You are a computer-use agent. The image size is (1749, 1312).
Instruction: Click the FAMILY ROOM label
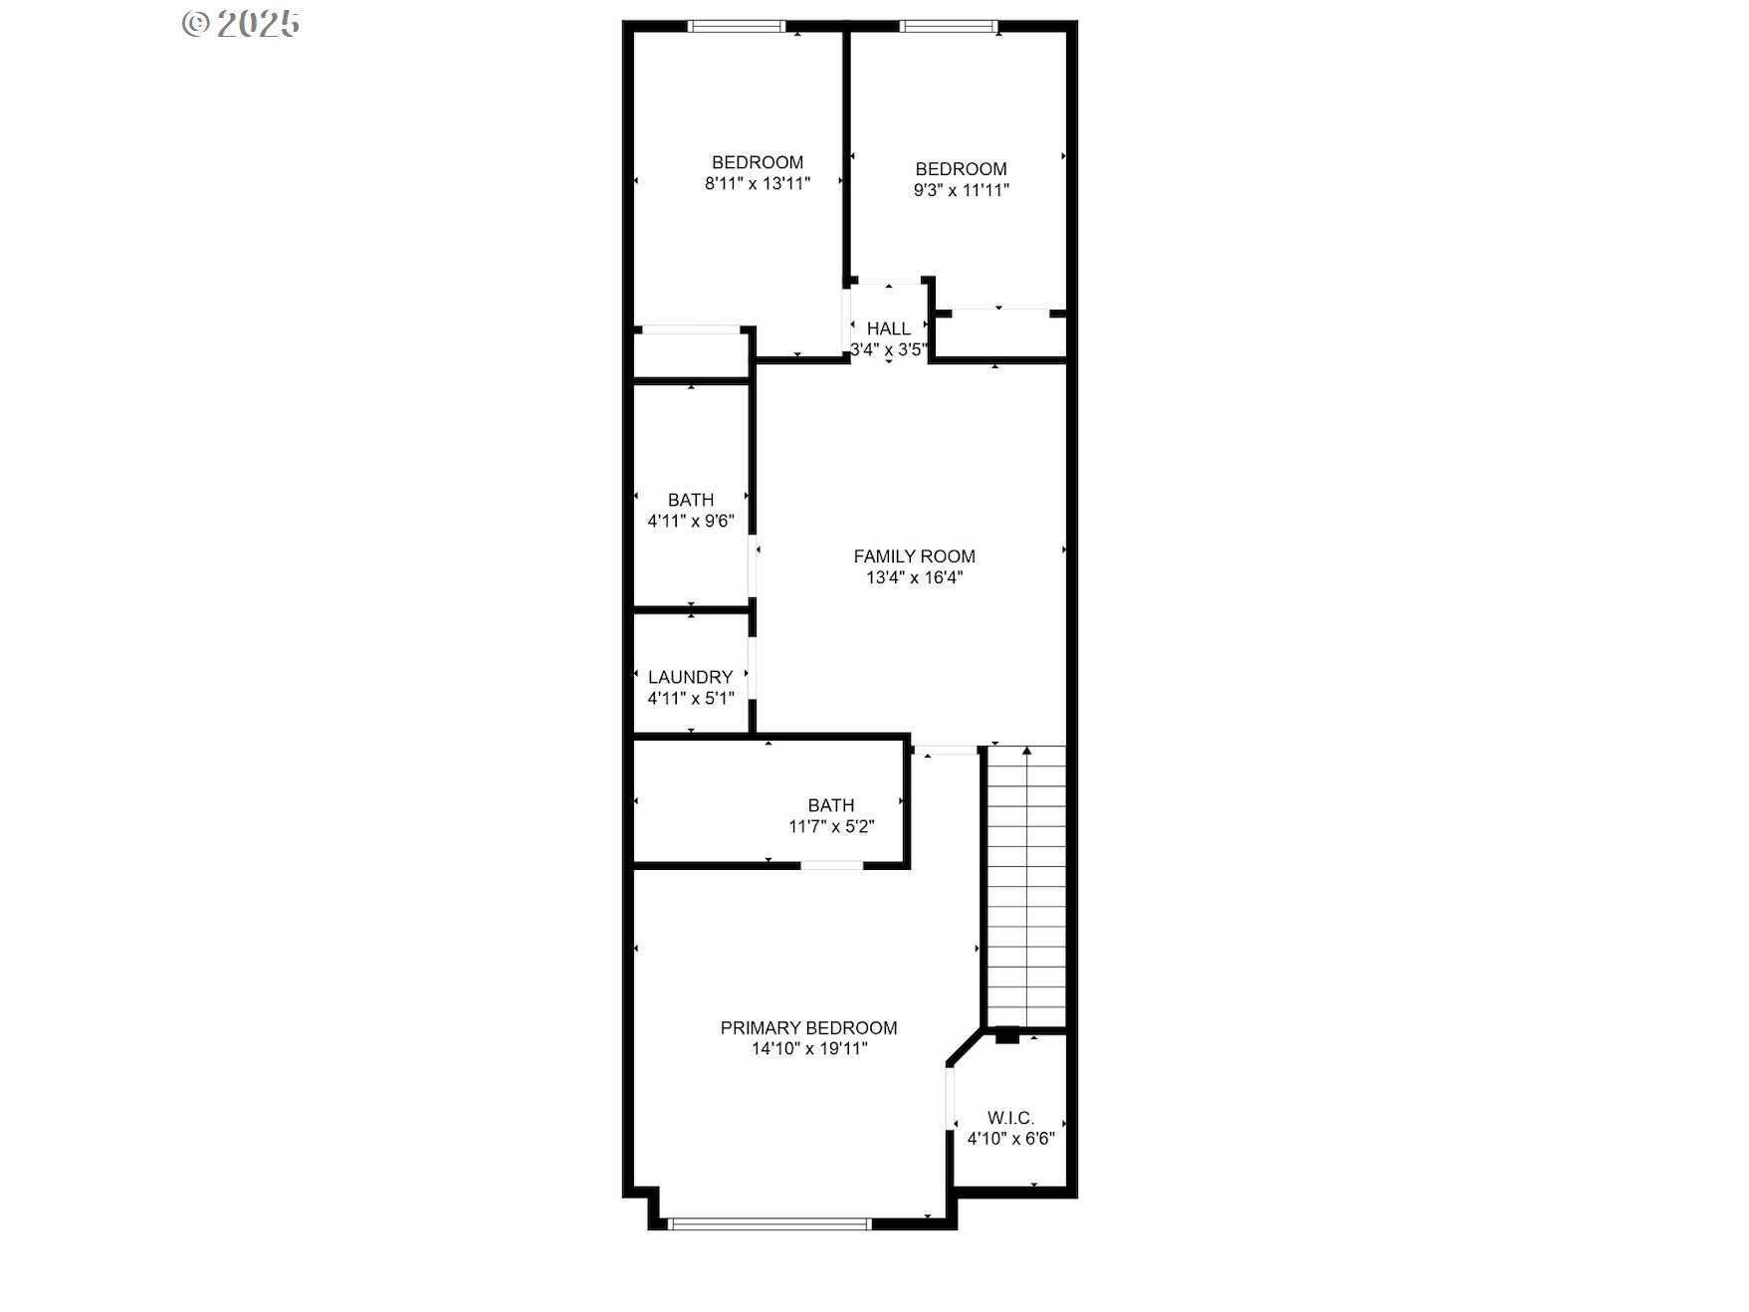(x=914, y=556)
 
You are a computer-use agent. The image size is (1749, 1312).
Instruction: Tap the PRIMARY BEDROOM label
(x=808, y=1027)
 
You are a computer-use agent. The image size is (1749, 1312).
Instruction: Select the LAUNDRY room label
(x=690, y=677)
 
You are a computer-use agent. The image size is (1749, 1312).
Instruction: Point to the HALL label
(x=888, y=328)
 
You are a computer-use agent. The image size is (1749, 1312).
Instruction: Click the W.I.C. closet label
(x=1010, y=1118)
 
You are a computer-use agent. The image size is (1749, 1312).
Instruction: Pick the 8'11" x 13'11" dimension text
(x=758, y=183)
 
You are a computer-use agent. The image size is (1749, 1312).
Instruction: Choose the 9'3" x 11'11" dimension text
(x=962, y=190)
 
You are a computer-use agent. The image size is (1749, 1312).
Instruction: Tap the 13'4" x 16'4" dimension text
(x=914, y=577)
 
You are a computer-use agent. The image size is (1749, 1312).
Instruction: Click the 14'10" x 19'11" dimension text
(x=809, y=1048)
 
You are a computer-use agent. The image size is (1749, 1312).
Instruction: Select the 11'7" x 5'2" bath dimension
(x=831, y=826)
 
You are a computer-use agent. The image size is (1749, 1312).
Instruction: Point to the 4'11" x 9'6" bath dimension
(x=691, y=521)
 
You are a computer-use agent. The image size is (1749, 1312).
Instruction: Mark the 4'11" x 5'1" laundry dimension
(x=691, y=698)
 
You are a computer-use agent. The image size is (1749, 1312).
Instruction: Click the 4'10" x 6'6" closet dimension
(x=1010, y=1139)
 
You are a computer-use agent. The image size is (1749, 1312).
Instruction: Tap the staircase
(x=1025, y=886)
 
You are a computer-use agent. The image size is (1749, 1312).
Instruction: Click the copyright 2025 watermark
(x=241, y=24)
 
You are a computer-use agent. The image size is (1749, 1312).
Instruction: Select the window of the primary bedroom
(x=769, y=1223)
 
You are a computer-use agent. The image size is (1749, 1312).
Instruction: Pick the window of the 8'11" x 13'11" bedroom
(x=738, y=27)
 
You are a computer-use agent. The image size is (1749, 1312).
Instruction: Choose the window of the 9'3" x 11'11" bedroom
(x=948, y=27)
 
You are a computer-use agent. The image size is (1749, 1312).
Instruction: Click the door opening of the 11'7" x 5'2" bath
(x=832, y=865)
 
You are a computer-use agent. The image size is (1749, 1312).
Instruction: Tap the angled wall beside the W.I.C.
(x=966, y=1049)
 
